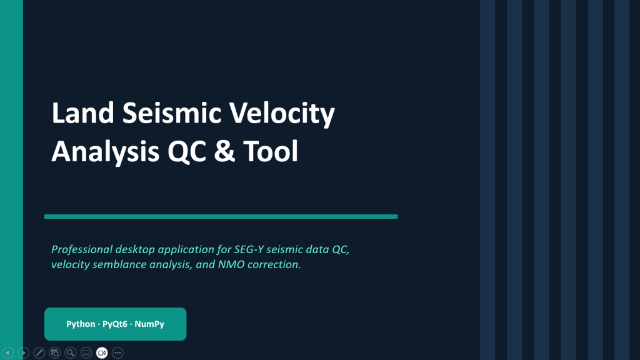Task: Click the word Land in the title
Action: point(83,112)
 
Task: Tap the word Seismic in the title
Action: point(171,112)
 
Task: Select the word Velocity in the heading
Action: point(282,114)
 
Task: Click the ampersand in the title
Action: point(224,151)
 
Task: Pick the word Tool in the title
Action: point(271,151)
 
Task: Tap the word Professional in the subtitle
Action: point(82,249)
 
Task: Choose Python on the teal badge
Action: point(81,324)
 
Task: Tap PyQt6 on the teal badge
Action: point(115,324)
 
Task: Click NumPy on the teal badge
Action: point(149,324)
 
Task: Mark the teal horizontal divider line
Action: point(221,216)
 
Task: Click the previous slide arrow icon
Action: point(7,352)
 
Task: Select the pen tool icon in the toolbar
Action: point(39,352)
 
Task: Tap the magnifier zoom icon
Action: point(71,352)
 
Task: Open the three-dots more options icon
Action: point(117,352)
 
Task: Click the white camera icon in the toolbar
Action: point(102,352)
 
